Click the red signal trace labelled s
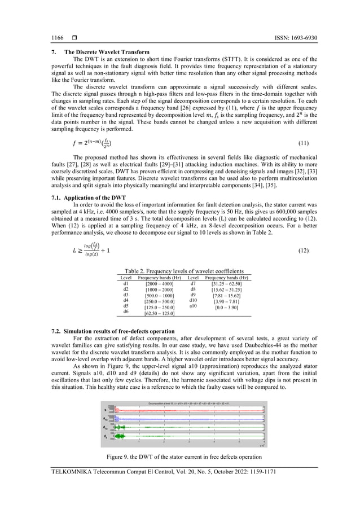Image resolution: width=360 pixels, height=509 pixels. coord(186,410)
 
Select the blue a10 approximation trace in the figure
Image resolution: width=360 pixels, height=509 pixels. coord(186,419)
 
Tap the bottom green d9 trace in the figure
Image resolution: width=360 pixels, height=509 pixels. coord(186,436)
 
